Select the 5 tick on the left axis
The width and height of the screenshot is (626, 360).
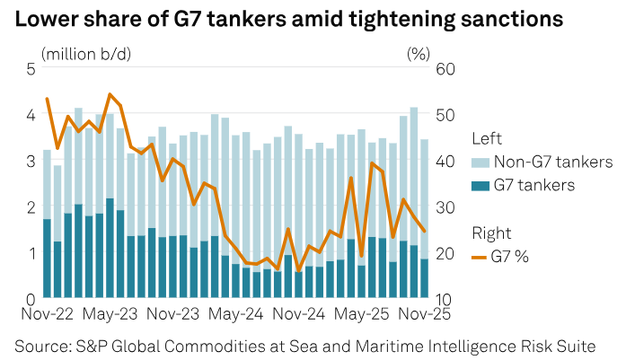[31, 68]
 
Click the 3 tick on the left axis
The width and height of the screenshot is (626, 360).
[31, 161]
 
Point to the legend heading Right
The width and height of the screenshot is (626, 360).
[490, 233]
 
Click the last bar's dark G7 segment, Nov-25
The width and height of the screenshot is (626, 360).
[424, 278]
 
